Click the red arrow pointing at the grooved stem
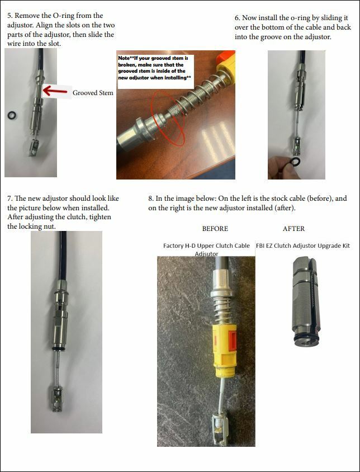(55, 91)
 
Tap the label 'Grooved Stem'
(93, 93)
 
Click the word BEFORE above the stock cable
(215, 229)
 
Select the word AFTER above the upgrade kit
(293, 229)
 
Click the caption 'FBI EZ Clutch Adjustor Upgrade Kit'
(303, 246)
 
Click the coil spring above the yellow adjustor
(221, 310)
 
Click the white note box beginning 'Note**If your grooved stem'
(155, 72)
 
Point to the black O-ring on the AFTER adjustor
(306, 338)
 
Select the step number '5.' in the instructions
(10, 16)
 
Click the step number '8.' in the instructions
(151, 199)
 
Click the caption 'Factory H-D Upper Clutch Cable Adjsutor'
(206, 249)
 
